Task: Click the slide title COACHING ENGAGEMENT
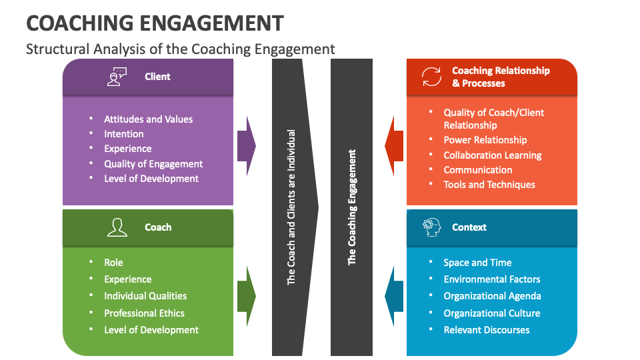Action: (155, 23)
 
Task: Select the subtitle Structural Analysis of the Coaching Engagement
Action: (180, 49)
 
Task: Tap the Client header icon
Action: (117, 77)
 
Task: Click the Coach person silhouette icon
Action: (117, 227)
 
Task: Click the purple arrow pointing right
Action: (246, 146)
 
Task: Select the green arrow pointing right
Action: (246, 296)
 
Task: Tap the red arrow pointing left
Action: (394, 146)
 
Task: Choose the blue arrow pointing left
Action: (394, 296)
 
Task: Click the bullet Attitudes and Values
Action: (148, 119)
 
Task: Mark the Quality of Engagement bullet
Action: (153, 164)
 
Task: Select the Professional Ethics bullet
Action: (144, 313)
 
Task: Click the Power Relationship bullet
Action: (485, 140)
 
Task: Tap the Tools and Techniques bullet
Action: (489, 185)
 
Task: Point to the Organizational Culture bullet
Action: (492, 313)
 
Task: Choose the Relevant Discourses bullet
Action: (487, 330)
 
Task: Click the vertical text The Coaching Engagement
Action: (352, 207)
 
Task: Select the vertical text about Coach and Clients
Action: (291, 207)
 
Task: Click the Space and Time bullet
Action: (477, 263)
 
